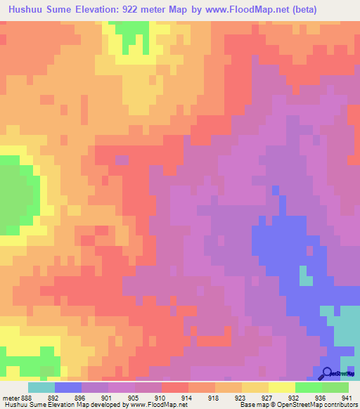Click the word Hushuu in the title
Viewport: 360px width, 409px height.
(26, 10)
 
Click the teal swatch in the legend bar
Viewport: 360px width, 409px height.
(41, 387)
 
